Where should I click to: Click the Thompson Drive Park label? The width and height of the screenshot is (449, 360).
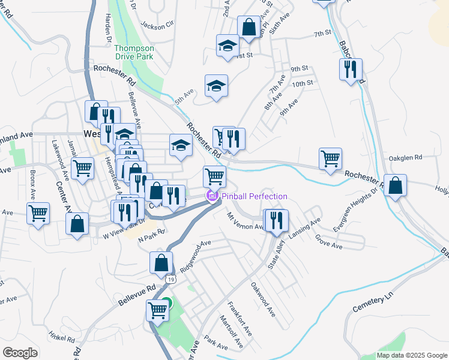[x=134, y=52]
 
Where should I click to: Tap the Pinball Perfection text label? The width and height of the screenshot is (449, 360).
[x=254, y=196]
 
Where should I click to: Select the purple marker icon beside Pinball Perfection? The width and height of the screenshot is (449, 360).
[x=211, y=196]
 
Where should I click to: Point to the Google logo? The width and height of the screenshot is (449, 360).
[x=20, y=353]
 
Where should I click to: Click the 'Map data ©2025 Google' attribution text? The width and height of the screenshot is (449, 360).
[x=411, y=355]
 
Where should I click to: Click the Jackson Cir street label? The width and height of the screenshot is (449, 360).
[x=157, y=25]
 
